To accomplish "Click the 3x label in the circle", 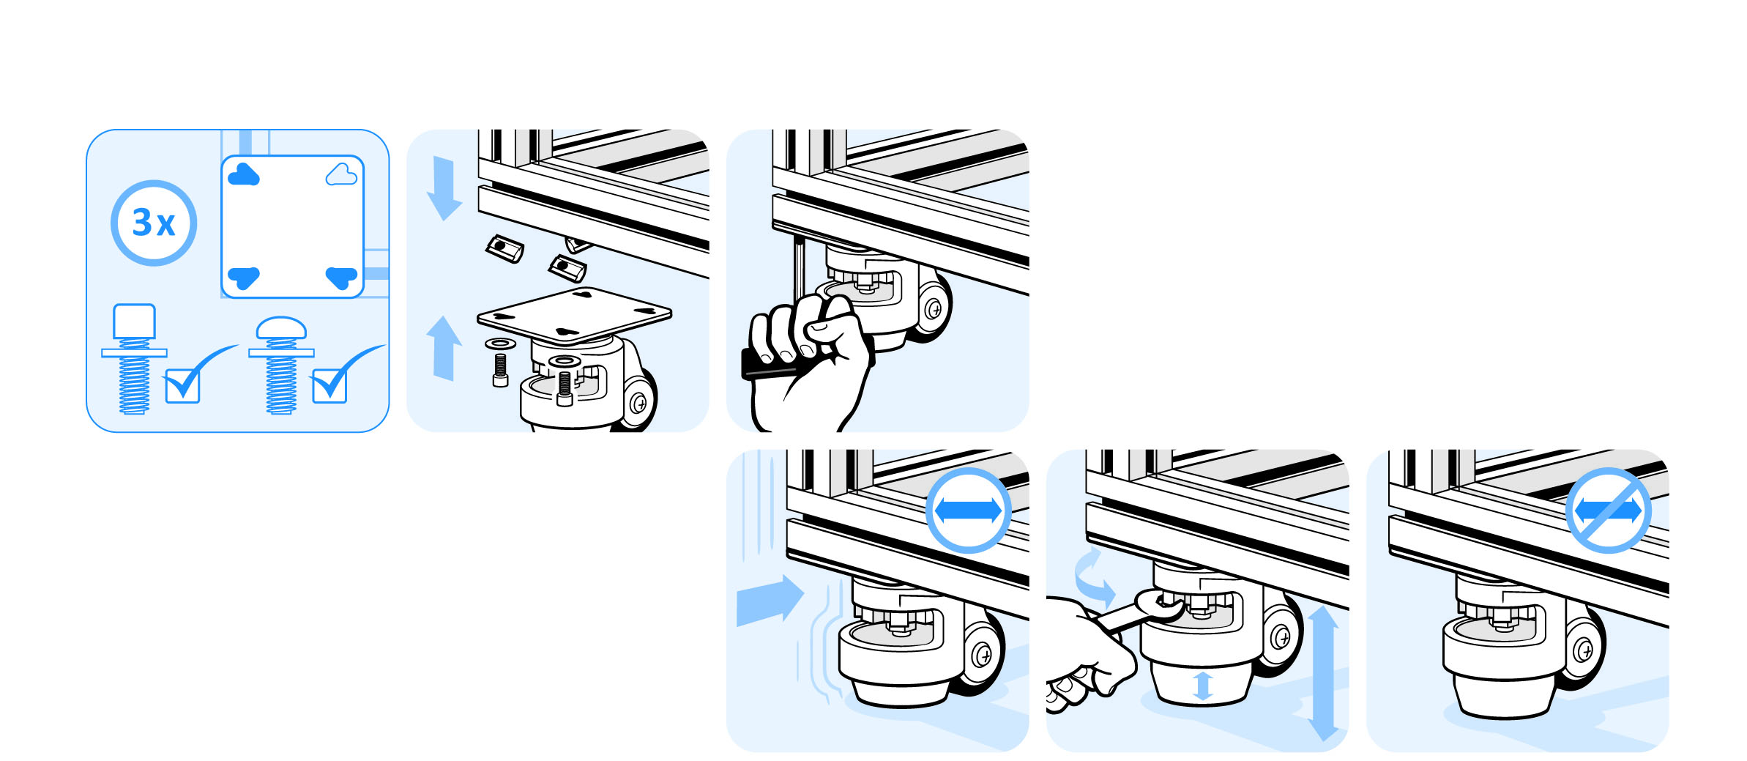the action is (154, 223).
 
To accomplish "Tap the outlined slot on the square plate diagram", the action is (341, 175).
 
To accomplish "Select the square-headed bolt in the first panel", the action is (134, 359).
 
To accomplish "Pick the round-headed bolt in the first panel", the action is (281, 365).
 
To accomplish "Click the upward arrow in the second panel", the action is (444, 348).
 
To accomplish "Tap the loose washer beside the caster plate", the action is (500, 344).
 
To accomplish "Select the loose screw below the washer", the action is (501, 370).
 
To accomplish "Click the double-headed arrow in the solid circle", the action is (968, 511).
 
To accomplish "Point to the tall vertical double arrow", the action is (1323, 673).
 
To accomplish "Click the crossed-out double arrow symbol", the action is (1608, 511).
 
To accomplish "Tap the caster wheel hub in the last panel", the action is (1582, 650).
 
